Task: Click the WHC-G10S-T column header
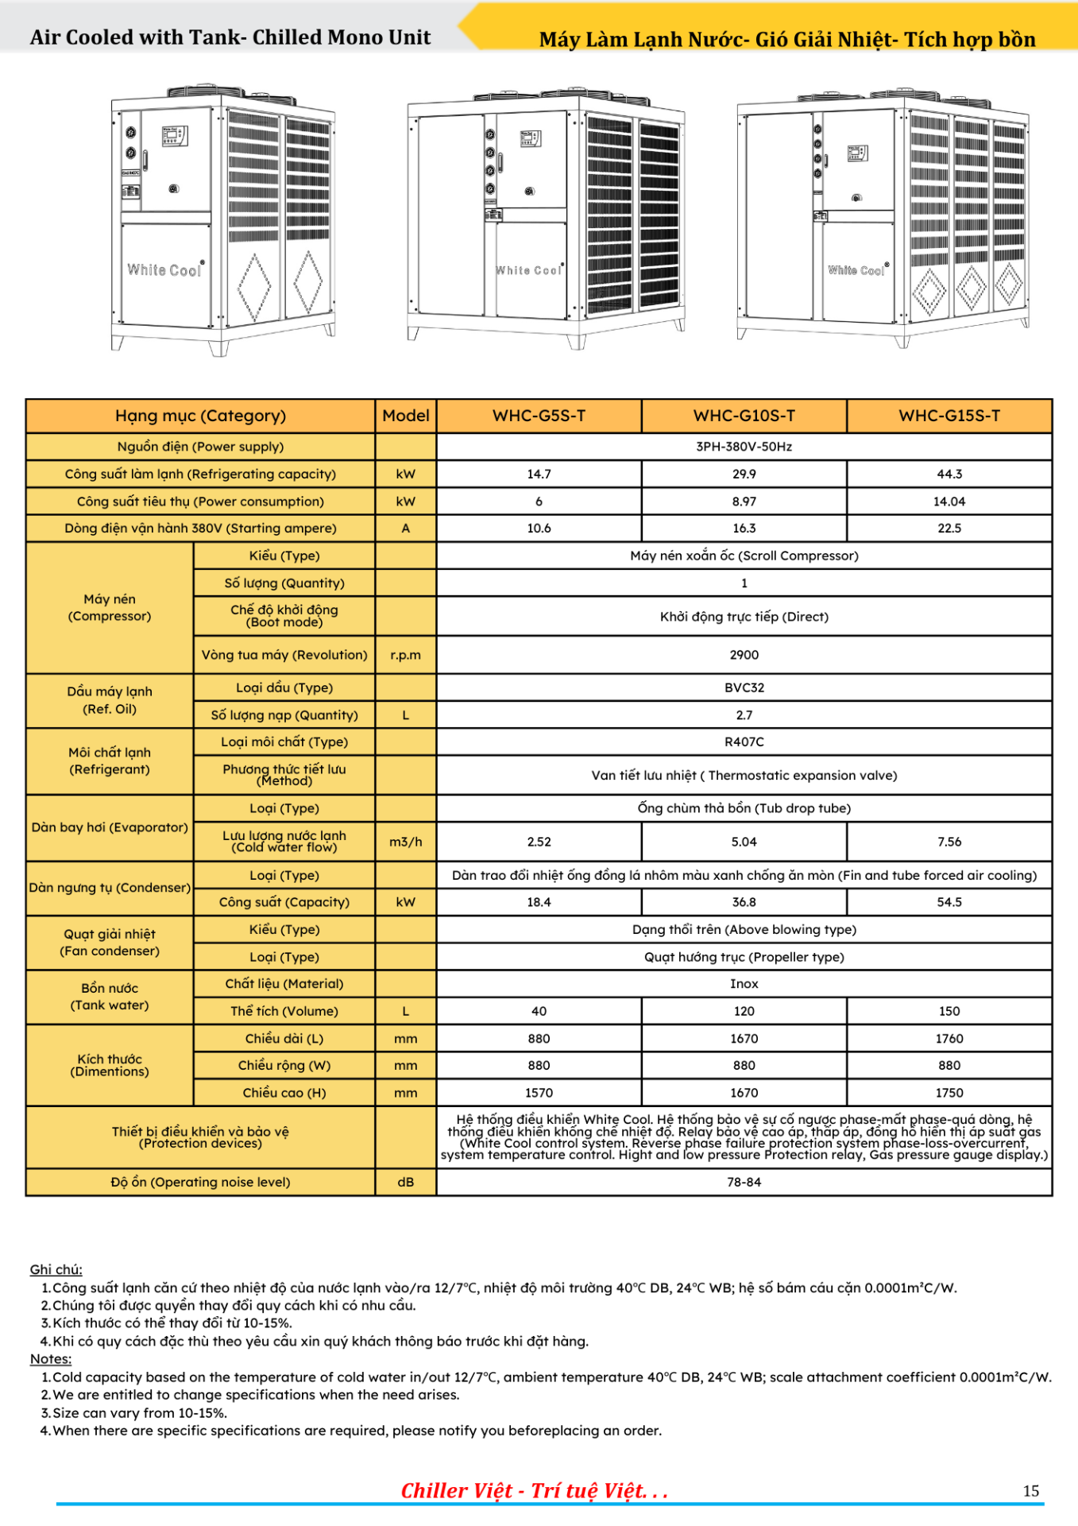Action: click(x=744, y=416)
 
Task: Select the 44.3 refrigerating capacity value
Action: click(x=949, y=474)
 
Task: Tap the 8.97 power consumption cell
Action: click(x=744, y=502)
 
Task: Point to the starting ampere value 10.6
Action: click(x=539, y=529)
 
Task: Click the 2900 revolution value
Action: click(x=744, y=655)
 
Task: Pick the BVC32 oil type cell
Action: click(x=744, y=687)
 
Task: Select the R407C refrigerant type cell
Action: click(x=744, y=742)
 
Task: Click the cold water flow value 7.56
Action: click(x=949, y=842)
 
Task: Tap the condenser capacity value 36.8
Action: click(x=744, y=902)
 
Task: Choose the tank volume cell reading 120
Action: click(x=744, y=1011)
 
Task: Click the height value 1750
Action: click(x=949, y=1093)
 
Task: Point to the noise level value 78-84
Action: click(x=744, y=1182)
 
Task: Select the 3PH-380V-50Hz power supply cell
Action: click(x=744, y=447)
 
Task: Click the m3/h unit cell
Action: click(x=405, y=842)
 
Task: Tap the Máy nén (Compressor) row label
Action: click(x=110, y=608)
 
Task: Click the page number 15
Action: click(x=1030, y=1491)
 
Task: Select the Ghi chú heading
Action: click(x=56, y=1269)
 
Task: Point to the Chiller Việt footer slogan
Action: click(x=534, y=1491)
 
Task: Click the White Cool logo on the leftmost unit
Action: click(x=165, y=270)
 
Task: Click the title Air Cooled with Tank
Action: click(x=230, y=37)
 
